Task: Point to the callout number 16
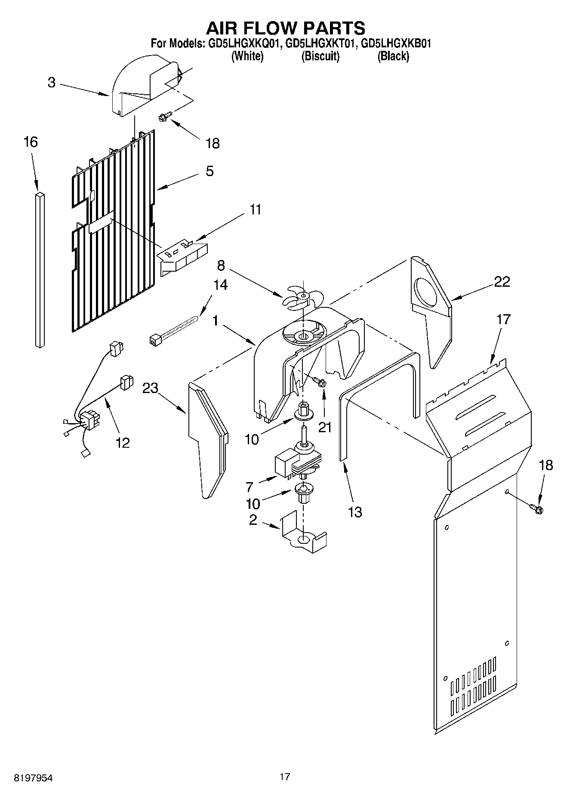(x=31, y=142)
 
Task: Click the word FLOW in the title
(x=286, y=28)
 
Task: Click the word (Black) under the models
(x=393, y=56)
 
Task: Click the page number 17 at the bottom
(x=284, y=777)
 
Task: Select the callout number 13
(x=355, y=512)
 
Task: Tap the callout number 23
(x=151, y=388)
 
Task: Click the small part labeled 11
(x=183, y=257)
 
